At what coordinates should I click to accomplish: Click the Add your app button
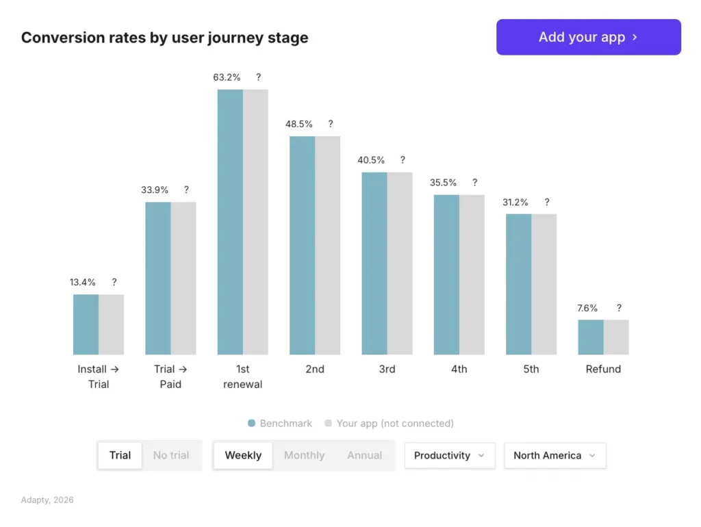(x=588, y=37)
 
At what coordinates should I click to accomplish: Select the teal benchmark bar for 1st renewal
(x=230, y=222)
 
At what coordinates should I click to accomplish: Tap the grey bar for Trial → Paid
(x=183, y=278)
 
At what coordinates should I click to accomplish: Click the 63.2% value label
(x=227, y=77)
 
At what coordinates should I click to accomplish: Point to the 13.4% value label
(x=82, y=282)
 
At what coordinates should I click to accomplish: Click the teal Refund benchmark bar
(x=590, y=337)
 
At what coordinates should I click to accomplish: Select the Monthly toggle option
(x=304, y=455)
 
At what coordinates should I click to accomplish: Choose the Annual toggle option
(x=364, y=455)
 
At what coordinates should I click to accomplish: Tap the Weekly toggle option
(x=243, y=455)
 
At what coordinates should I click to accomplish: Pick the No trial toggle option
(x=171, y=455)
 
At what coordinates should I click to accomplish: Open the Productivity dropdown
(x=449, y=455)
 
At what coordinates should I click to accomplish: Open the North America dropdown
(x=555, y=455)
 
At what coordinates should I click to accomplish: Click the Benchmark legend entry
(x=280, y=424)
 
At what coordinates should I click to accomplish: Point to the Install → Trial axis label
(x=99, y=376)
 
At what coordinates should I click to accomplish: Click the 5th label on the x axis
(x=531, y=369)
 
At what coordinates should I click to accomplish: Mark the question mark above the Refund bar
(x=619, y=308)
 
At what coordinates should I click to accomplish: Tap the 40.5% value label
(x=371, y=160)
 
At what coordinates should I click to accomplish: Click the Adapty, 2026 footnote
(x=47, y=500)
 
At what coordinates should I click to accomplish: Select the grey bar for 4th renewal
(x=472, y=274)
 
